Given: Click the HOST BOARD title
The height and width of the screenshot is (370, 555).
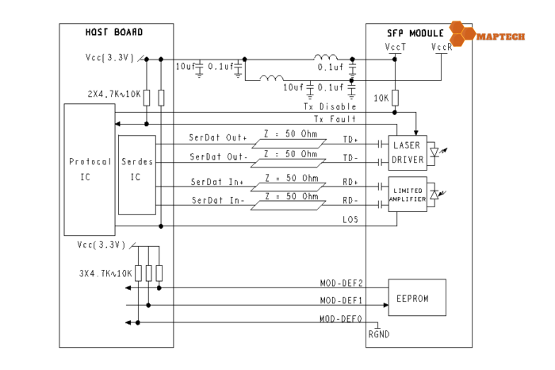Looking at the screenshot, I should pos(114,32).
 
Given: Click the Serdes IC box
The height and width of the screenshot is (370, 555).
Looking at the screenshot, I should pos(136,168).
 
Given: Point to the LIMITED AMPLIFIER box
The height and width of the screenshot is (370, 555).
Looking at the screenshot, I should pos(407,195).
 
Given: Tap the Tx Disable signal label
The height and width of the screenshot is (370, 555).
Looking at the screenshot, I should pos(330,106).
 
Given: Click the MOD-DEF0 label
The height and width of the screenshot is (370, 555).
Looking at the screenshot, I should pos(341,318).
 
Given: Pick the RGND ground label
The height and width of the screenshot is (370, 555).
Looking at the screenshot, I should pos(379,334).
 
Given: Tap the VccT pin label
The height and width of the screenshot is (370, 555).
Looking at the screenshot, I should pos(395,48).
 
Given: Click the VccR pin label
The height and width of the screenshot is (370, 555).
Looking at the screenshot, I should pos(442,48).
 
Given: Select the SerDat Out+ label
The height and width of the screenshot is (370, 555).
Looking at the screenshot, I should pos(219,137).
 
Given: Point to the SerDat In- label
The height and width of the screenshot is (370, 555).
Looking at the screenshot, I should pos(220,201).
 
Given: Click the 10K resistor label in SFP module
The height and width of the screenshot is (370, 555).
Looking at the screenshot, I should pos(381,98).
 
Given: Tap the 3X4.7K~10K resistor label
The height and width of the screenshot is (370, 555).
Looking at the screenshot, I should pos(105,273).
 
